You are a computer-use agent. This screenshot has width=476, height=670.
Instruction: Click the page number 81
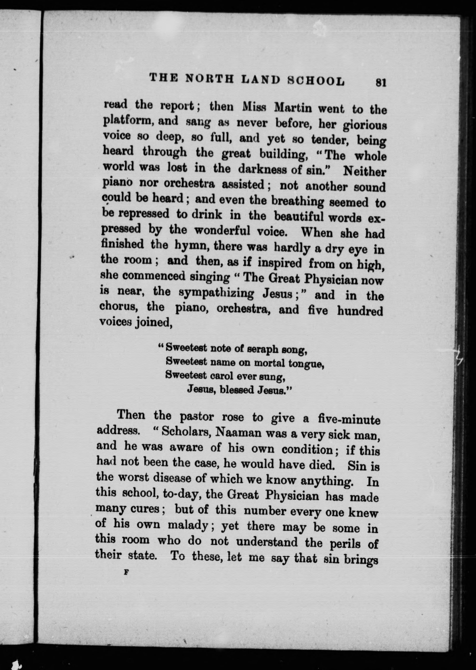381,83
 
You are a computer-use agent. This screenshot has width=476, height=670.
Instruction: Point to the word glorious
365,125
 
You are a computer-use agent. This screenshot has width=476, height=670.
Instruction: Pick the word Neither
364,171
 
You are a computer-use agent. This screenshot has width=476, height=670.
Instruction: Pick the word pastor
197,417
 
